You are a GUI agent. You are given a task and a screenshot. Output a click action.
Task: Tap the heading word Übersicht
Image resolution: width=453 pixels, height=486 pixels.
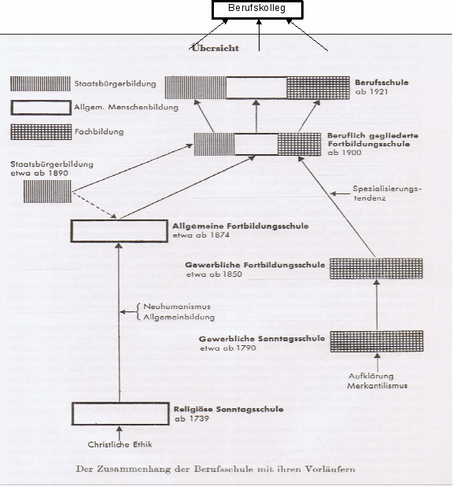pyautogui.click(x=215, y=48)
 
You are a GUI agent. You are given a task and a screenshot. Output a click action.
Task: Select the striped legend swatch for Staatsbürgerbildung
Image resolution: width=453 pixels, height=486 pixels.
pyautogui.click(x=40, y=83)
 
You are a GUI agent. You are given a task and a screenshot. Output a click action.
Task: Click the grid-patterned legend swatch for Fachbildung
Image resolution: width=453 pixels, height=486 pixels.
pyautogui.click(x=41, y=132)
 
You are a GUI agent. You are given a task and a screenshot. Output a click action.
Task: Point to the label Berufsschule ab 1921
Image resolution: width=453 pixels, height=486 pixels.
pyautogui.click(x=381, y=87)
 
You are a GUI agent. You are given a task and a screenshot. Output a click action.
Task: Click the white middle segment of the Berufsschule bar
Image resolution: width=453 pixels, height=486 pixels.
pyautogui.click(x=256, y=88)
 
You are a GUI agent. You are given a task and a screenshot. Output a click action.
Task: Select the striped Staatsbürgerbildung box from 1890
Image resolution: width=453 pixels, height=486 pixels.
pyautogui.click(x=47, y=192)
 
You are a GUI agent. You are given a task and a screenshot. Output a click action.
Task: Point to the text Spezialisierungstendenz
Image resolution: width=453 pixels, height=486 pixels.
pyautogui.click(x=387, y=193)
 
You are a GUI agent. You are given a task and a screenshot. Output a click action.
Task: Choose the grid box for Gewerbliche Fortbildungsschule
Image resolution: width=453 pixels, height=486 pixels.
pyautogui.click(x=376, y=268)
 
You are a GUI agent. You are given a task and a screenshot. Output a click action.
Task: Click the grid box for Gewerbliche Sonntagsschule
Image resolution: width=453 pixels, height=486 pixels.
pyautogui.click(x=377, y=341)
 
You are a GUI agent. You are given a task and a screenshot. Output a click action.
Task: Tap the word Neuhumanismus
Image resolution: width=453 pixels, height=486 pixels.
pyautogui.click(x=177, y=306)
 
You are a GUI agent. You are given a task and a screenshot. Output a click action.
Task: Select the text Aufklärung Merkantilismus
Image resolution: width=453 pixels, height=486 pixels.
pyautogui.click(x=377, y=381)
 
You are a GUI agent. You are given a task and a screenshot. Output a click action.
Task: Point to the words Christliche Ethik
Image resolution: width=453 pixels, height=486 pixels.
pyautogui.click(x=120, y=444)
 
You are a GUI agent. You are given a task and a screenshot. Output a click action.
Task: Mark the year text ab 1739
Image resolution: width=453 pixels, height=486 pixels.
pyautogui.click(x=192, y=418)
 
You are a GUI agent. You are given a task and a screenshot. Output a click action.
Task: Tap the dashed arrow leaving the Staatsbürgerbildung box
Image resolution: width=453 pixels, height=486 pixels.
pyautogui.click(x=94, y=205)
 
